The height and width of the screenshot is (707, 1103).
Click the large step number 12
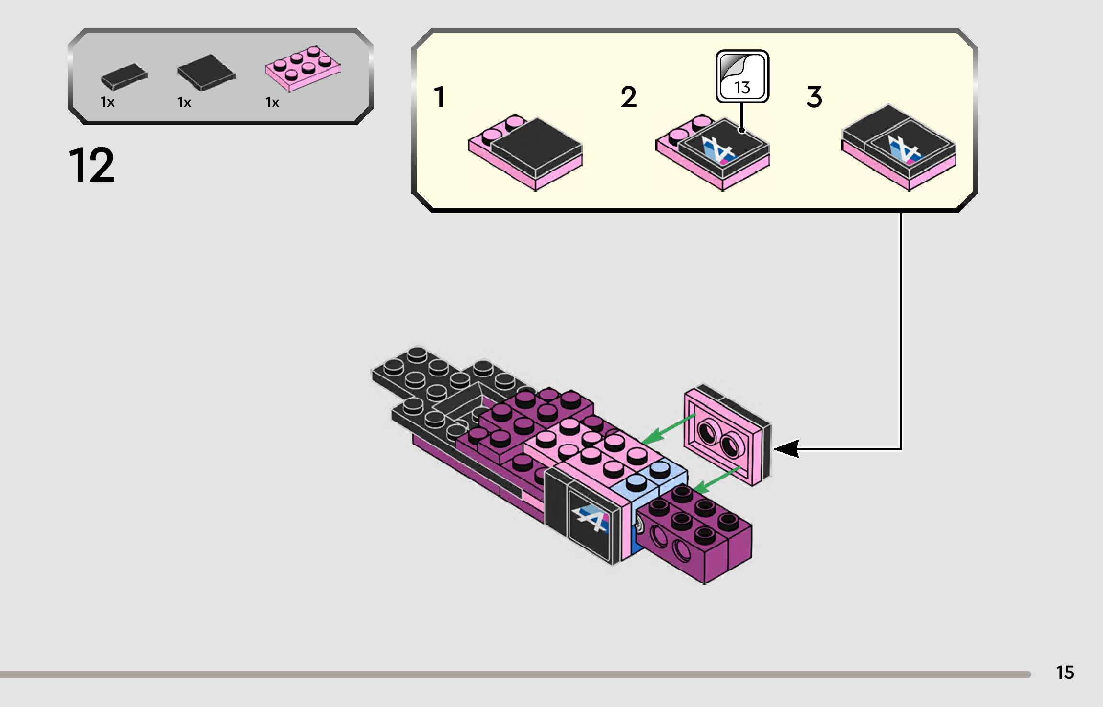[x=92, y=165]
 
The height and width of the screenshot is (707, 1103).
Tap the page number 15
[x=1065, y=673]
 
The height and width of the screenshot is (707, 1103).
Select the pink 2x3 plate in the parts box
[x=303, y=68]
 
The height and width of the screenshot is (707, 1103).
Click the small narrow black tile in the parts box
[x=124, y=77]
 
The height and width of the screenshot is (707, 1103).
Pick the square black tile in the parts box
[x=206, y=72]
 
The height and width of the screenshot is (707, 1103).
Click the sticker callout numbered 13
[x=742, y=77]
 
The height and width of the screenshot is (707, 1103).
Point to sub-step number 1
[x=439, y=97]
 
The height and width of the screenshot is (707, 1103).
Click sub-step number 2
[x=628, y=97]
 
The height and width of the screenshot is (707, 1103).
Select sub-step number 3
[x=814, y=97]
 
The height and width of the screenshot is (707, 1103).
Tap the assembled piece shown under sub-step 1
[x=525, y=152]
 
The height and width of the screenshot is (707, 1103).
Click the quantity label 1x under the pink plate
[x=272, y=103]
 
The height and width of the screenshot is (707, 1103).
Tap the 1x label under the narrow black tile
[x=107, y=102]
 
